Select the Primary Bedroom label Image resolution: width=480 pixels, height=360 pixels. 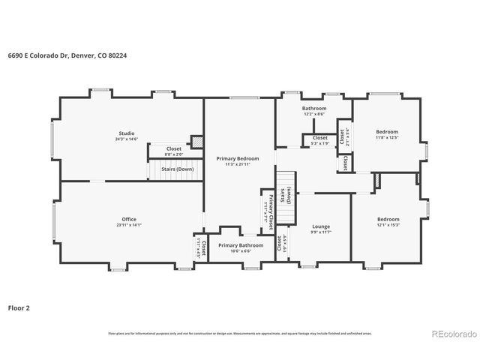[x=238, y=158]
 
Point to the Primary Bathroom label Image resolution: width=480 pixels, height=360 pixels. [x=241, y=245]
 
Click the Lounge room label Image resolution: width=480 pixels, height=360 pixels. [x=321, y=226]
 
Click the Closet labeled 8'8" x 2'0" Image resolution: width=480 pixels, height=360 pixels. [x=173, y=148]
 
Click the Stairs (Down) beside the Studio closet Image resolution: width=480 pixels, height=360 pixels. [x=178, y=169]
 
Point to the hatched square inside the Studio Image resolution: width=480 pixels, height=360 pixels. [x=196, y=142]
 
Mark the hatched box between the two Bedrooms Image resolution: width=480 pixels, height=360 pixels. [x=378, y=181]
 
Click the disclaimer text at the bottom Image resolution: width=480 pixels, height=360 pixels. [x=241, y=332]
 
